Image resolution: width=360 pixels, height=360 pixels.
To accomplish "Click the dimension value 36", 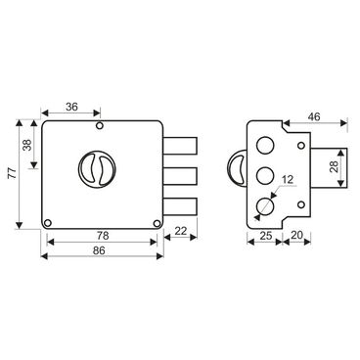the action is tap(71, 107).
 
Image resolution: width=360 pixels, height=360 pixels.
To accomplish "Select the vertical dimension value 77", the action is tap(12, 172).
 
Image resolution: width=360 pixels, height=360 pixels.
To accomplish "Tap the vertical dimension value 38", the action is tap(28, 145).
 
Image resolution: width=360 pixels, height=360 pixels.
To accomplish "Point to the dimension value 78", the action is tap(103, 235).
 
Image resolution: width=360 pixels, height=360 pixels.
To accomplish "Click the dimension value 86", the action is tap(99, 250).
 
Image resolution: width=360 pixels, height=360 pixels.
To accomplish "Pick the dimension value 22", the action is tap(180, 231).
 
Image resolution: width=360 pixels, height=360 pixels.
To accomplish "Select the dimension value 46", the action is tap(314, 116).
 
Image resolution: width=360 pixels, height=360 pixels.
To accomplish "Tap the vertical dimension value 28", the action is tap(334, 167).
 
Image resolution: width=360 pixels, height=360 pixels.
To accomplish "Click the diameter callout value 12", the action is tap(288, 179).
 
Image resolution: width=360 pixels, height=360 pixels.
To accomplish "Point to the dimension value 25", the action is tap(266, 235).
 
